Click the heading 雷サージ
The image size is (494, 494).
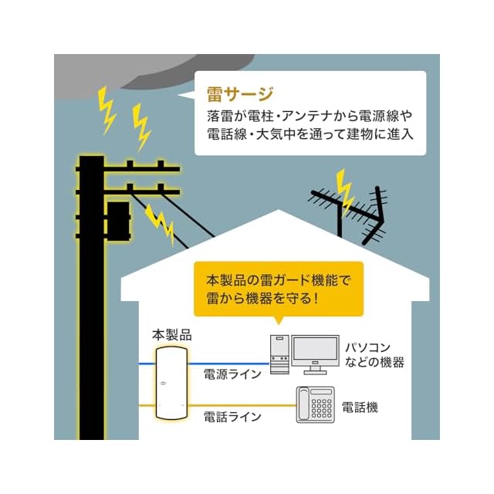240,95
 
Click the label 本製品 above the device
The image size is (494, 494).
171,336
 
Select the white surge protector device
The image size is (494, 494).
171,384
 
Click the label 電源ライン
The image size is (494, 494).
232,376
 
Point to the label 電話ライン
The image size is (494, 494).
232,417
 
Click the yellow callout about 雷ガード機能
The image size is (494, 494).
278,288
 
